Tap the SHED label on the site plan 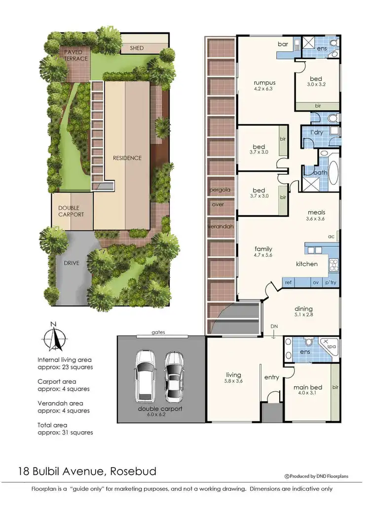(137, 48)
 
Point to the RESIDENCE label (127, 158)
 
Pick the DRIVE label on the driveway (72, 263)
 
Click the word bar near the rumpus (283, 44)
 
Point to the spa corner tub (328, 346)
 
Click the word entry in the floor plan (272, 377)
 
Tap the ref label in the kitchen (288, 283)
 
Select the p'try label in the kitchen (330, 283)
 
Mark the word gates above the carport (158, 333)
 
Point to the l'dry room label (316, 132)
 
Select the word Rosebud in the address (133, 472)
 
